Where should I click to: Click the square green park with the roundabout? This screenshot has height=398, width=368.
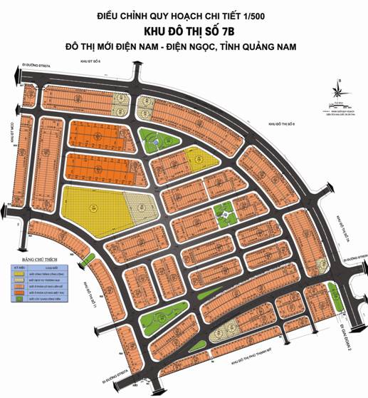pos(224,212)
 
